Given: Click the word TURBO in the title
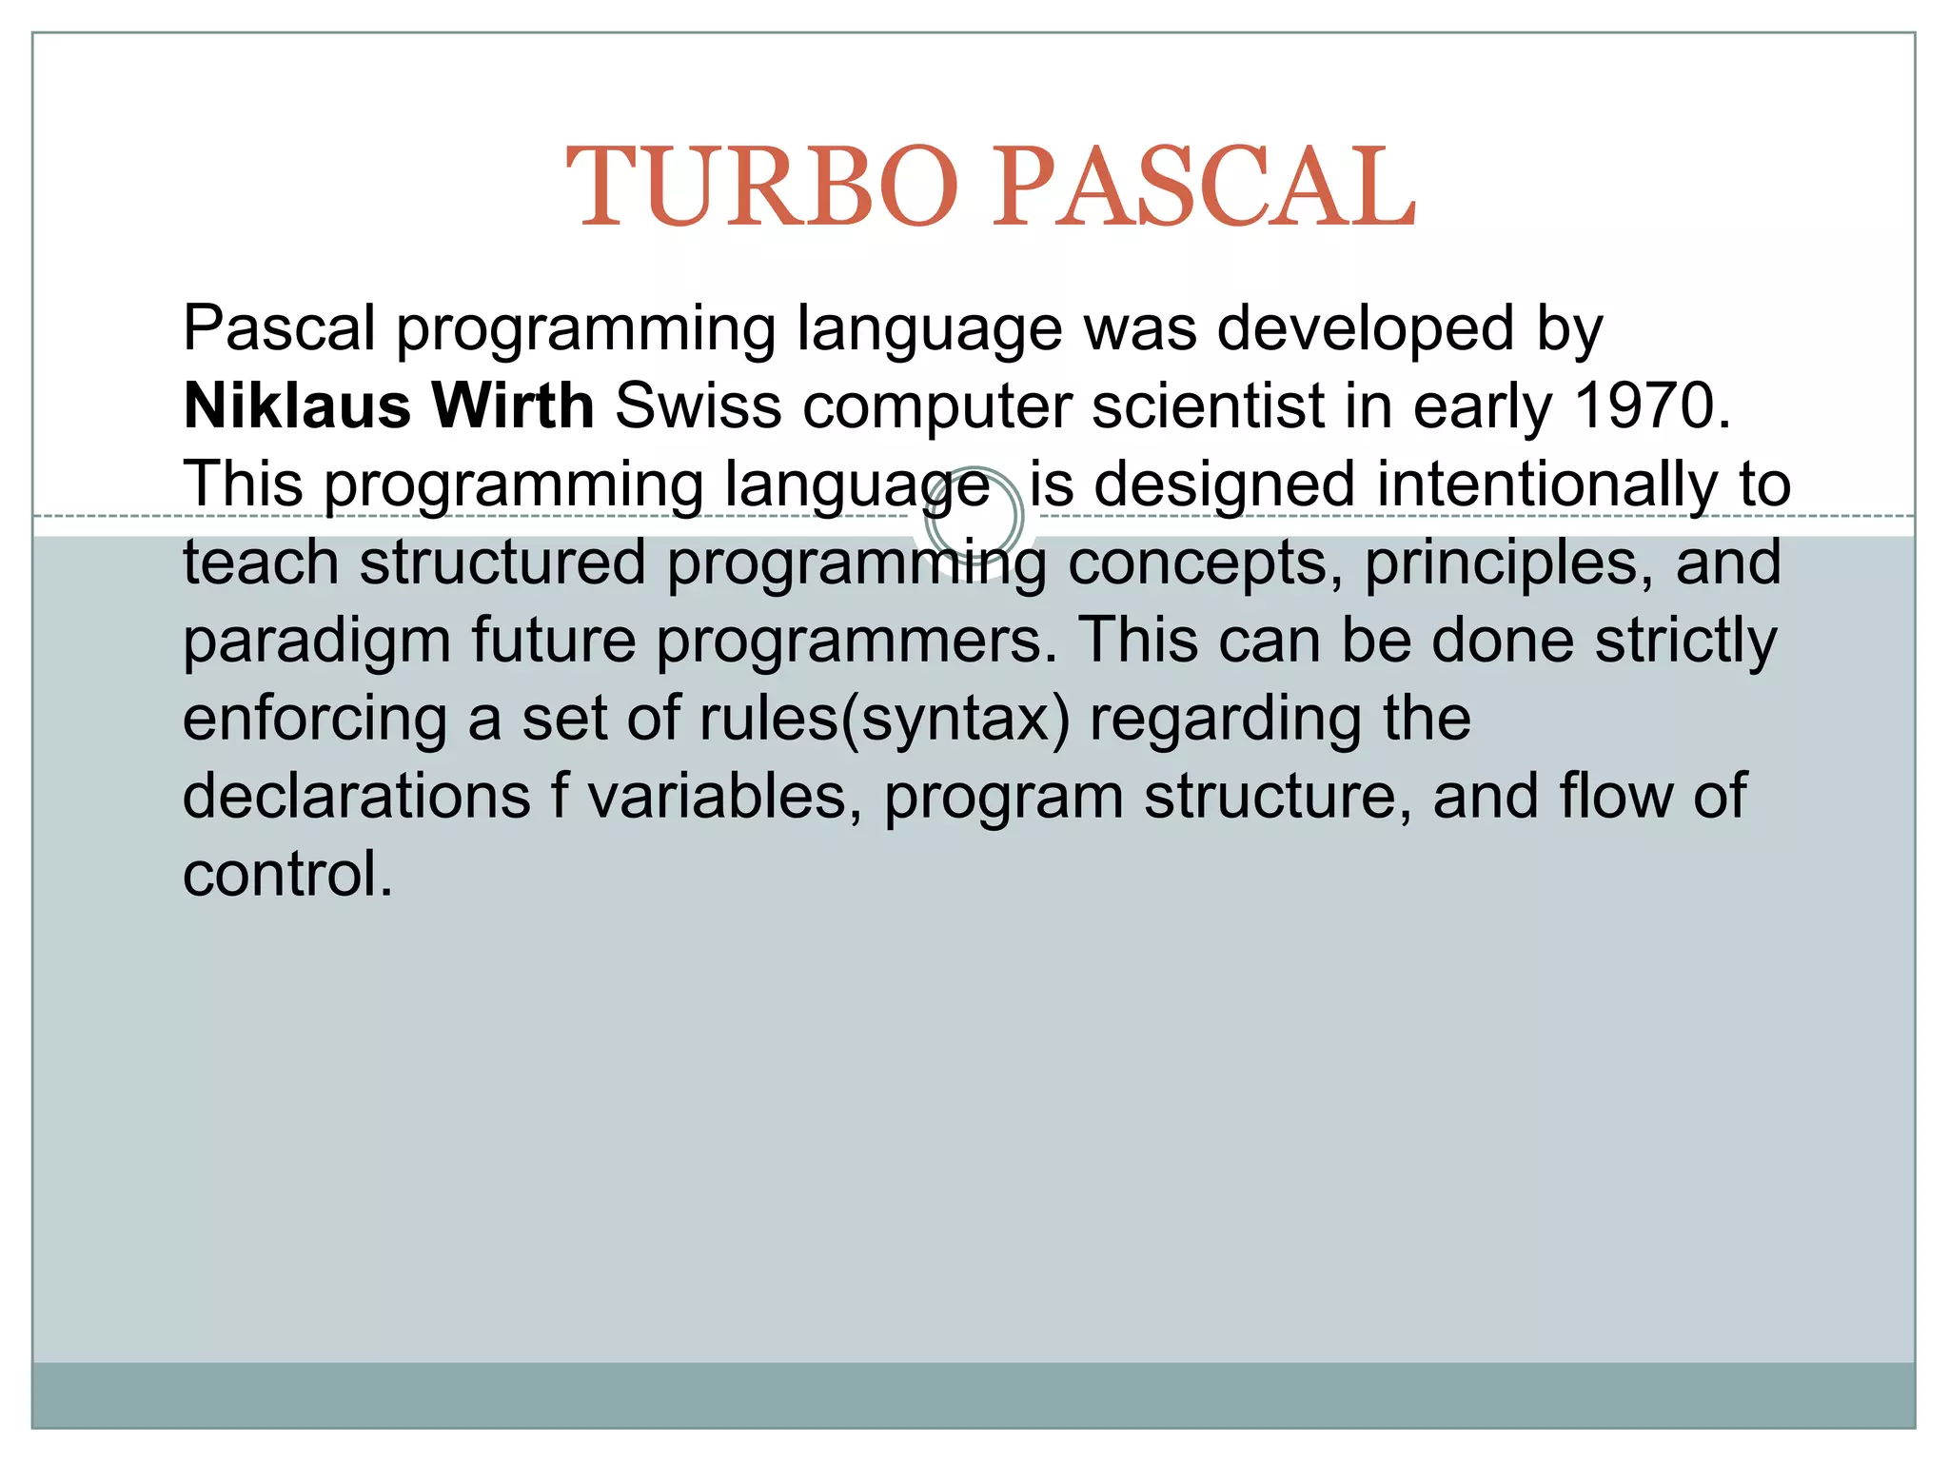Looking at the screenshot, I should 761,187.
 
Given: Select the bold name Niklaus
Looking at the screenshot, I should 296,406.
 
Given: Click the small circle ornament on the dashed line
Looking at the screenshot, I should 974,517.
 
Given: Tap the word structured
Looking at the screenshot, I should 502,563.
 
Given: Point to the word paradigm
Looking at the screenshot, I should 316,641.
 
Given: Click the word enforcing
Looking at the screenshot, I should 315,719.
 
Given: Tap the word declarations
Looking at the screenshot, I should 356,797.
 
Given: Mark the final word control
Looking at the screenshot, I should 287,875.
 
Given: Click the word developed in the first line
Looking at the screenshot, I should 1366,328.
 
